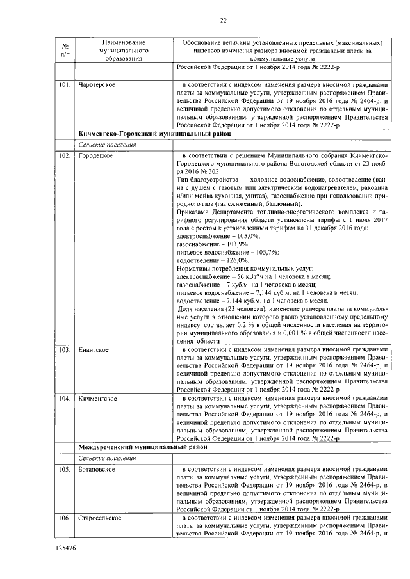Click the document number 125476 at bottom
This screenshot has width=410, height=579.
[x=66, y=548]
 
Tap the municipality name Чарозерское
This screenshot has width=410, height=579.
[x=97, y=84]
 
